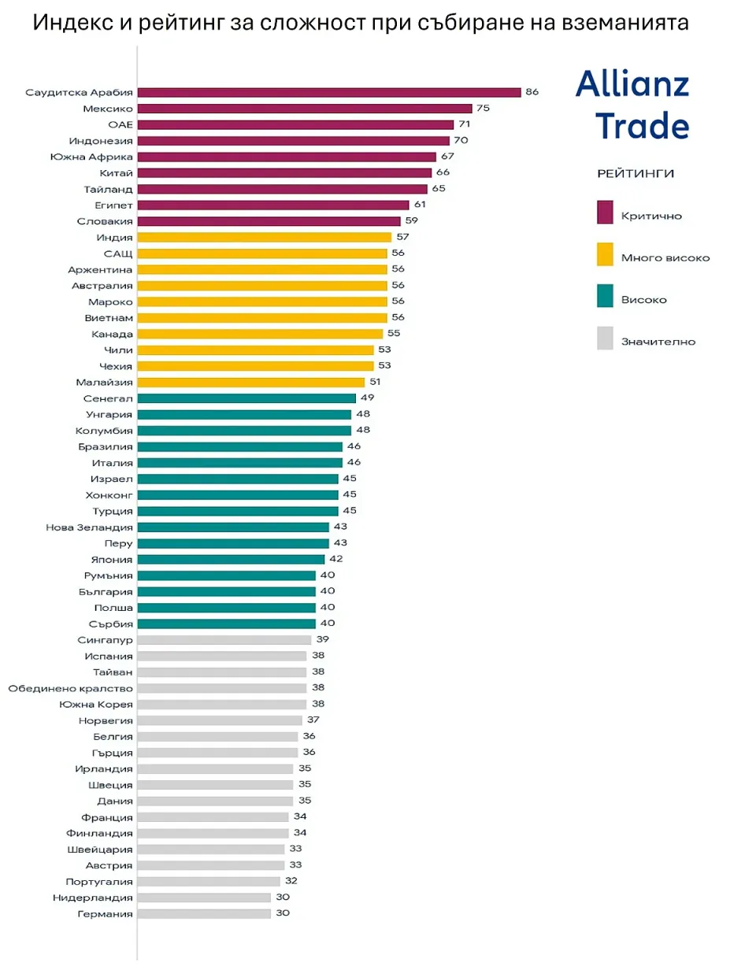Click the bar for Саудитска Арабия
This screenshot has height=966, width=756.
(329, 92)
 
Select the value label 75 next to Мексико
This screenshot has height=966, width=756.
(483, 109)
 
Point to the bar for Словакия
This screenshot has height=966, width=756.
(269, 221)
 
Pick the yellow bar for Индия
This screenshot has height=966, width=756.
(265, 237)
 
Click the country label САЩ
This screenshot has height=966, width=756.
(118, 254)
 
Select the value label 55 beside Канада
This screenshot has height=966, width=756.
(394, 334)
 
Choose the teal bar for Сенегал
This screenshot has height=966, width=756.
(246, 398)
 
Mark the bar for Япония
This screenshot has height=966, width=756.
(231, 559)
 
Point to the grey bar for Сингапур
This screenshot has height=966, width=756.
(224, 640)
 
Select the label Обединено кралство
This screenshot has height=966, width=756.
(71, 688)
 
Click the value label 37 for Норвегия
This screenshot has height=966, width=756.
(313, 720)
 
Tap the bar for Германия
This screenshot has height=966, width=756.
(204, 914)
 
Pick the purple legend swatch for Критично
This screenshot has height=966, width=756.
(605, 213)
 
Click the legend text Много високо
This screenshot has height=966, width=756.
(665, 257)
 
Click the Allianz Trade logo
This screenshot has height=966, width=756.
(632, 104)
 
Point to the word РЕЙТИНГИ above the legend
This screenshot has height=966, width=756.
(636, 173)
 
